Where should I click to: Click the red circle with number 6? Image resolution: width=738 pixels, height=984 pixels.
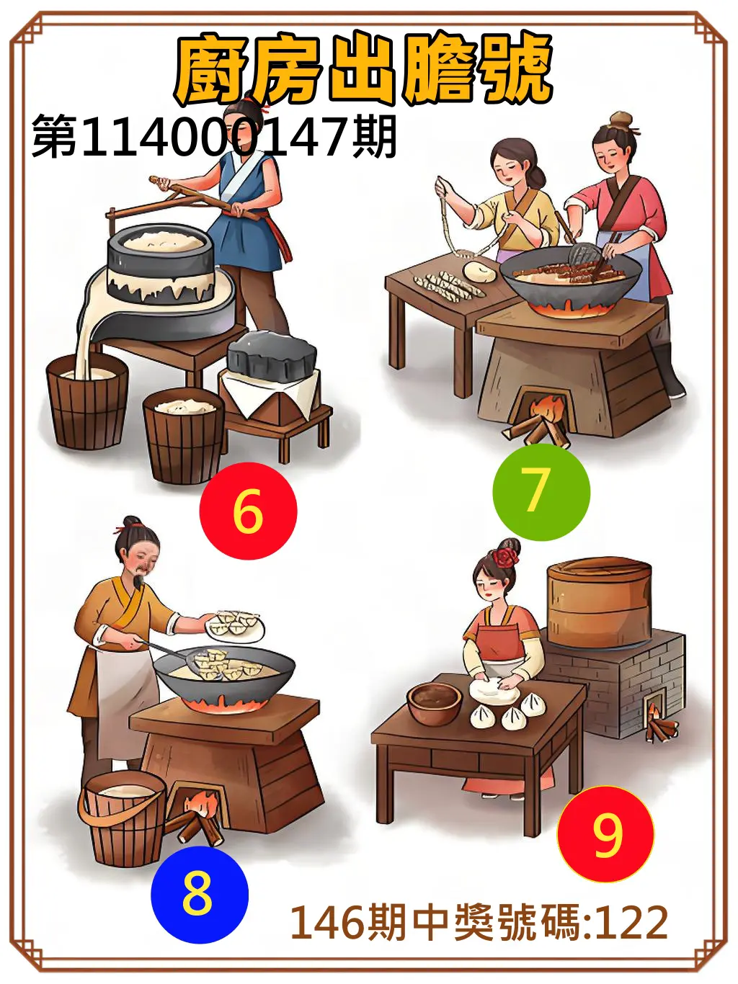point(248,511)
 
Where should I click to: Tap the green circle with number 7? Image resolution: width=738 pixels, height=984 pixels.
point(541,492)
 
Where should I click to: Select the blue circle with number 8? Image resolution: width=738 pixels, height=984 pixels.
point(199,894)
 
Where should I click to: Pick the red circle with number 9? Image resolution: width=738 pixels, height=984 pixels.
point(605,834)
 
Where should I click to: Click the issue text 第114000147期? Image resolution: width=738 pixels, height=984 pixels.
point(214,137)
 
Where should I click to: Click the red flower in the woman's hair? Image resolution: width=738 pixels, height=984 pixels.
point(507,555)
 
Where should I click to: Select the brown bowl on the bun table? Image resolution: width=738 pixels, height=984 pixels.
point(434,702)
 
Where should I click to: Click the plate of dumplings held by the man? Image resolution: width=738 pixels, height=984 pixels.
point(236,625)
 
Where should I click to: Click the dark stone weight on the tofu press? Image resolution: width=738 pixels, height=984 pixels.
point(272,355)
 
